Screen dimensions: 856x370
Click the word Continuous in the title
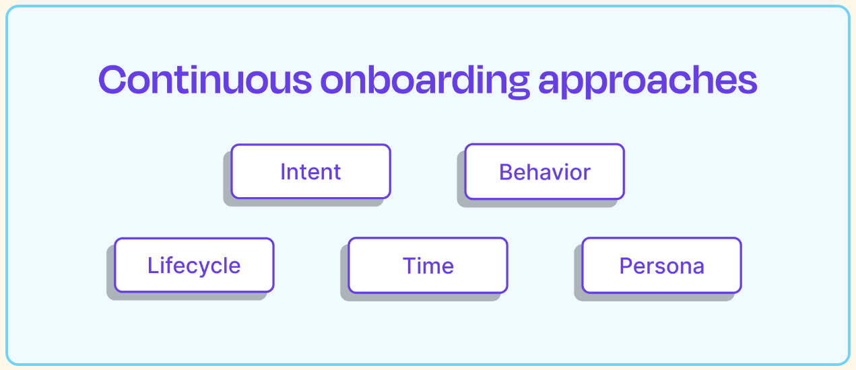[205, 80]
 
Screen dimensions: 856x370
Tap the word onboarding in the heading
[425, 81]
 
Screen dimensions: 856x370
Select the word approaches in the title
[648, 81]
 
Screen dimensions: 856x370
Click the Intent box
[310, 172]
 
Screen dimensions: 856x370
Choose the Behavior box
[545, 172]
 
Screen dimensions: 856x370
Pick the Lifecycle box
[194, 265]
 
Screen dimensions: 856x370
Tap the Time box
[428, 265]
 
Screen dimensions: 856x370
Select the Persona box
[662, 265]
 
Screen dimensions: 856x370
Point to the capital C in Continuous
[112, 80]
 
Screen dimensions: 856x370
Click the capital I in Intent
[283, 172]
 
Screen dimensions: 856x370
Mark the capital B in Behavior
[506, 172]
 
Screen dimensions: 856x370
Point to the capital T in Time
[410, 265]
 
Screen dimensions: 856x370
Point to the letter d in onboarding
[468, 79]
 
